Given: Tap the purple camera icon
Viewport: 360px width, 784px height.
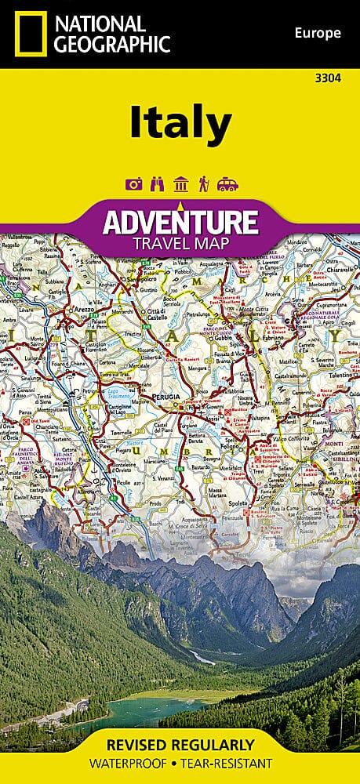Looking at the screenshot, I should click(133, 184).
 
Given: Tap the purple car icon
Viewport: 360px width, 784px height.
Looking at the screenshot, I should click(227, 184).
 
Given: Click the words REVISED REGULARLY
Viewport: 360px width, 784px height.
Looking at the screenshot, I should click(180, 743).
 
